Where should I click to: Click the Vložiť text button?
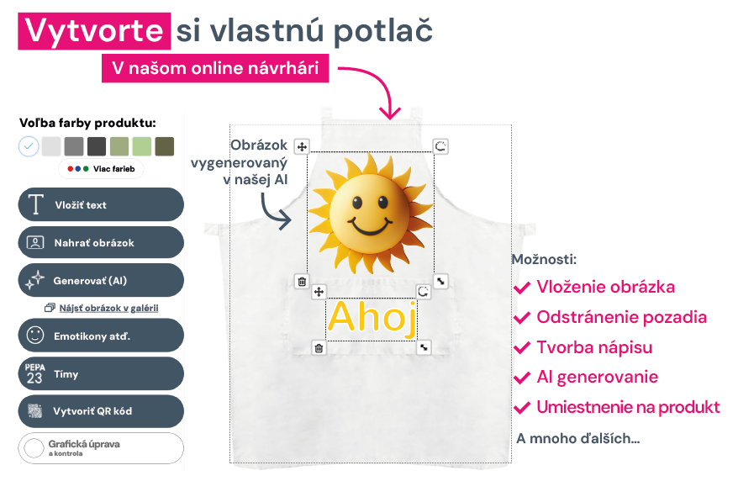(x=101, y=204)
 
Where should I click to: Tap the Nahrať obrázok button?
(x=101, y=242)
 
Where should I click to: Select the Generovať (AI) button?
(x=101, y=280)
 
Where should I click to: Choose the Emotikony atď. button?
(x=101, y=336)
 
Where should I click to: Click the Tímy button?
(x=101, y=373)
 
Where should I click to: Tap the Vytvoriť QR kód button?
(x=101, y=410)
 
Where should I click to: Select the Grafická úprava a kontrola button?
(x=101, y=448)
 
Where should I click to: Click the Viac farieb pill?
(x=101, y=169)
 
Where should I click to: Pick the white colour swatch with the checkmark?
(x=29, y=146)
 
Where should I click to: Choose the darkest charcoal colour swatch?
(x=97, y=146)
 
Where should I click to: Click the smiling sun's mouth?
(x=370, y=226)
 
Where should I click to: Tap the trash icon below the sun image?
(x=302, y=282)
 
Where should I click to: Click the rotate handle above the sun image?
(x=440, y=146)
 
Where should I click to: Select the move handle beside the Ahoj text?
(x=319, y=292)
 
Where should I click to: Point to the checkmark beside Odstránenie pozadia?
(x=522, y=318)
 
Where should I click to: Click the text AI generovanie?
(x=598, y=377)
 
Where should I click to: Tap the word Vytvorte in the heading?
(x=94, y=31)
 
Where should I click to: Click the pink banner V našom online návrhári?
(x=215, y=68)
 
